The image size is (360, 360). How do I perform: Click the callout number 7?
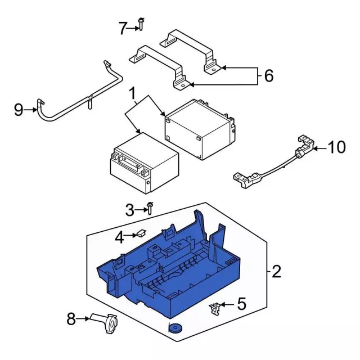point(123,28)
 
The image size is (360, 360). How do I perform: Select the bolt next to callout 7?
point(141,24)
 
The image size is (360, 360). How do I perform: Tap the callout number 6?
point(269,76)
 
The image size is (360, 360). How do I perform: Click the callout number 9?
point(19,110)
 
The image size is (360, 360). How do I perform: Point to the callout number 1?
point(133,93)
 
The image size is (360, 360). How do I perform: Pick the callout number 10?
point(337,147)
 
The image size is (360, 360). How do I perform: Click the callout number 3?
point(130,210)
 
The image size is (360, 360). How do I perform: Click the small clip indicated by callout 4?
point(141,233)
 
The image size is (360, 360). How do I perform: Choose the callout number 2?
point(276,272)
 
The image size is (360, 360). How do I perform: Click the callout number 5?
point(241,304)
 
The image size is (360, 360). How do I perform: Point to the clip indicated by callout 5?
point(215,308)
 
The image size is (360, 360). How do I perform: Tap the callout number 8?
point(71,319)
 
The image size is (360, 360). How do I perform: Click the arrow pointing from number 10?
point(320,148)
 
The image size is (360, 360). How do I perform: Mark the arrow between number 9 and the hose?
point(30,110)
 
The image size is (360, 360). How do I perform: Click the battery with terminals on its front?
point(145,163)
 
